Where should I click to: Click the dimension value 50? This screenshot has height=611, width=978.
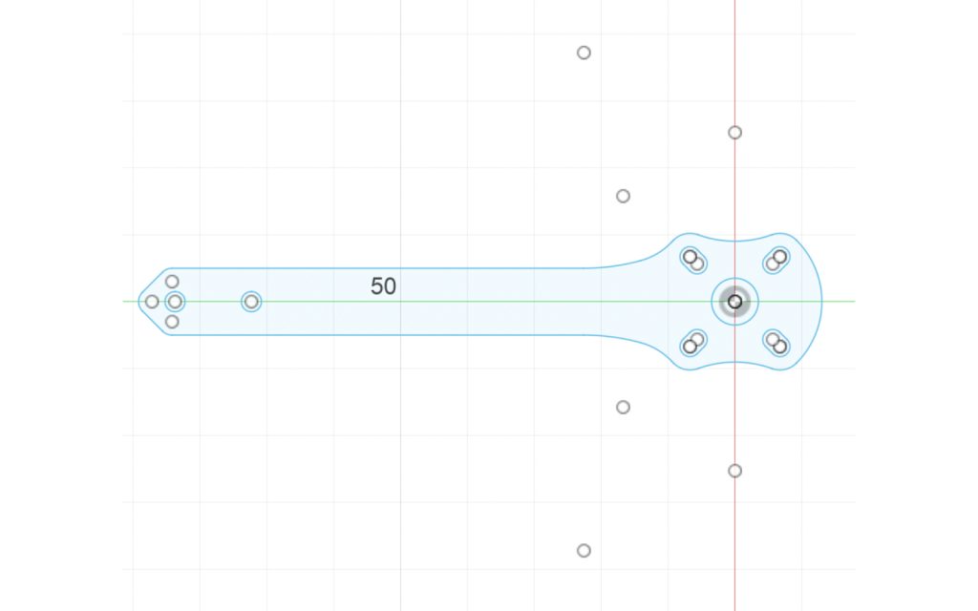pyautogui.click(x=383, y=286)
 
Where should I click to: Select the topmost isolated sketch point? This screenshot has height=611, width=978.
pyautogui.click(x=584, y=53)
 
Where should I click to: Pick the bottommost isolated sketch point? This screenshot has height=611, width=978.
pyautogui.click(x=584, y=551)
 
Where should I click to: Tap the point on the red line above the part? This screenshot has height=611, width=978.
pyautogui.click(x=734, y=133)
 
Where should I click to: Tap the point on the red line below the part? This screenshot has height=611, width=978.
pyautogui.click(x=734, y=471)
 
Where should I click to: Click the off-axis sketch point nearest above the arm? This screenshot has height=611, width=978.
pyautogui.click(x=623, y=197)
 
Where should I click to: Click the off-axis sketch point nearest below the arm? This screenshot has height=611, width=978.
pyautogui.click(x=623, y=408)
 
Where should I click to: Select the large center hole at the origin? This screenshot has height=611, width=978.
pyautogui.click(x=734, y=302)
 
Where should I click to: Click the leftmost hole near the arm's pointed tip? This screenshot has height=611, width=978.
pyautogui.click(x=152, y=302)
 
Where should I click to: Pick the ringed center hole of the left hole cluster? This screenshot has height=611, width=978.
pyautogui.click(x=175, y=302)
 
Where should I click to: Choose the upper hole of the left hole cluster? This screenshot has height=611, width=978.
pyautogui.click(x=172, y=282)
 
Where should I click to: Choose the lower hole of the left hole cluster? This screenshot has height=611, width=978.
pyautogui.click(x=172, y=322)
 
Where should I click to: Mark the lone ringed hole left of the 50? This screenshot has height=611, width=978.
pyautogui.click(x=251, y=302)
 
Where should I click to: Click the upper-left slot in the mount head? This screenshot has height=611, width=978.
pyautogui.click(x=693, y=260)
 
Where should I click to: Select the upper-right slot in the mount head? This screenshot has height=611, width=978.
pyautogui.click(x=776, y=260)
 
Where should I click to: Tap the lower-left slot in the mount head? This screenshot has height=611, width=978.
pyautogui.click(x=693, y=343)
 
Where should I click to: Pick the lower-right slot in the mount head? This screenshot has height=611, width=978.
pyautogui.click(x=776, y=343)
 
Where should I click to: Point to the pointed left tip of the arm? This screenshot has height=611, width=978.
pyautogui.click(x=139, y=302)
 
